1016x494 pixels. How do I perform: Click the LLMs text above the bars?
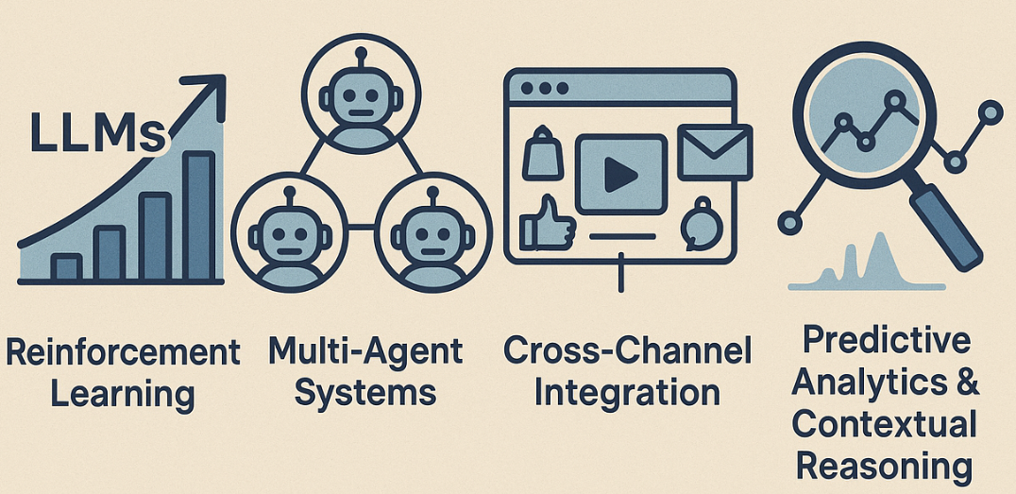click(x=97, y=132)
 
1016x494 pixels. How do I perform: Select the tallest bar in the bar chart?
click(x=199, y=217)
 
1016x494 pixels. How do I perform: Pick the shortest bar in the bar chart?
click(x=66, y=267)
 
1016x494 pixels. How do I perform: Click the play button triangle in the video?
click(x=620, y=172)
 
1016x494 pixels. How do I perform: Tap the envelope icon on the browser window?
click(x=714, y=151)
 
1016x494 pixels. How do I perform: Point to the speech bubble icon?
click(x=701, y=223)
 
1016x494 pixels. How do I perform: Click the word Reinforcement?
click(x=123, y=353)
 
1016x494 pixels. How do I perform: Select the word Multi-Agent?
click(x=365, y=351)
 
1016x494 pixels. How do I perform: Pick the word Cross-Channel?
click(x=627, y=350)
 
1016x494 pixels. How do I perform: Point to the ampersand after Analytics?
click(x=966, y=383)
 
